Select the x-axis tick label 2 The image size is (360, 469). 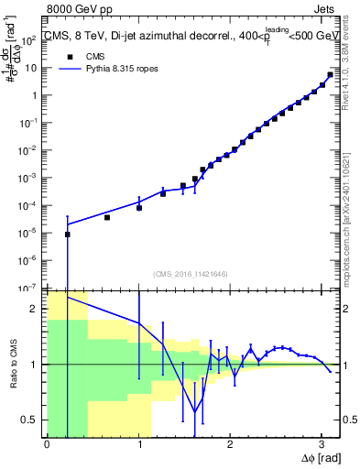[x=230, y=444]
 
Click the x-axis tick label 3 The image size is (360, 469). [x=322, y=444]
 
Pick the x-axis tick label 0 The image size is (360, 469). [x=47, y=444]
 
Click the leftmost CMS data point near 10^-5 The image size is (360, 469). [x=67, y=234]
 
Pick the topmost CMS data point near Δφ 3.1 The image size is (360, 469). [x=330, y=75]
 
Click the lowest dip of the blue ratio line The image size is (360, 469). [x=194, y=410]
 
